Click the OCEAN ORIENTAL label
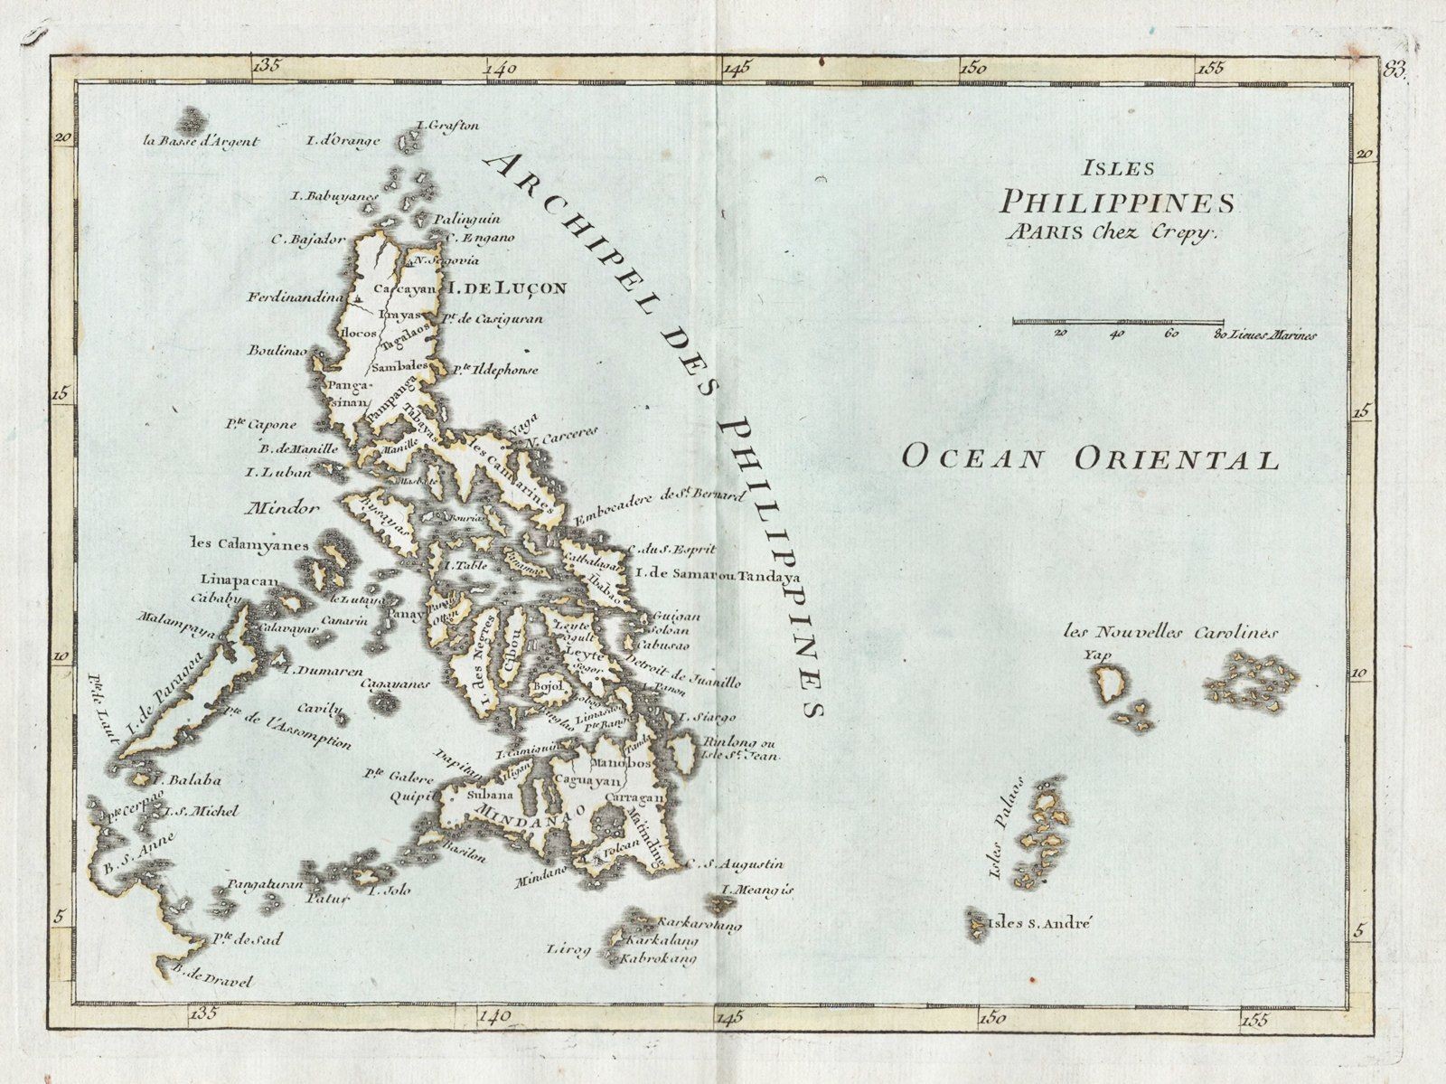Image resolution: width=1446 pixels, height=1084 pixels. [x=1091, y=458]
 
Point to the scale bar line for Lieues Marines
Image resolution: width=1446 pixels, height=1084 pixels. [x=1118, y=320]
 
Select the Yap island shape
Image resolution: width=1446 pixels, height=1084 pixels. [x=1107, y=684]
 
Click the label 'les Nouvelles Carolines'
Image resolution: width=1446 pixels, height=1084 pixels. [x=1171, y=633]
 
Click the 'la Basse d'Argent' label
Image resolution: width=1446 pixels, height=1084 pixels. [x=202, y=141]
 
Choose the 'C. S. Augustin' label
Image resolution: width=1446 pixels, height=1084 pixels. [x=736, y=865]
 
